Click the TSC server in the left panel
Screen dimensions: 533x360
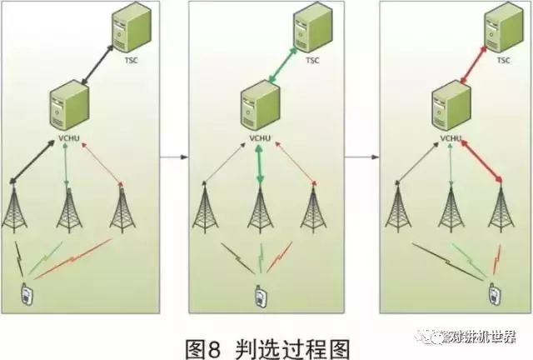135,31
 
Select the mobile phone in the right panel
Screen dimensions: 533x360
494,295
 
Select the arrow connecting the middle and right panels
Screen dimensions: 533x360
361,156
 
